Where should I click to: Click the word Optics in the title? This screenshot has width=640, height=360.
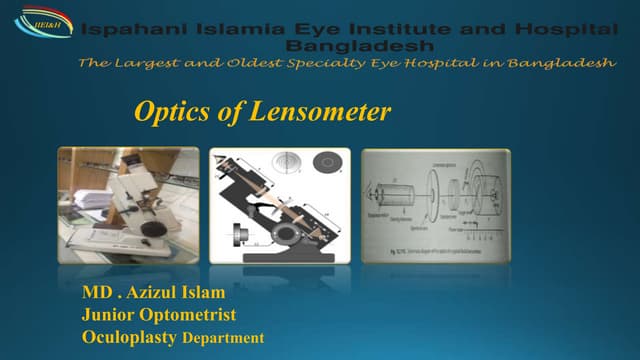[165, 113]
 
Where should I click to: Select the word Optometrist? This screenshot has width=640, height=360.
[191, 316]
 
